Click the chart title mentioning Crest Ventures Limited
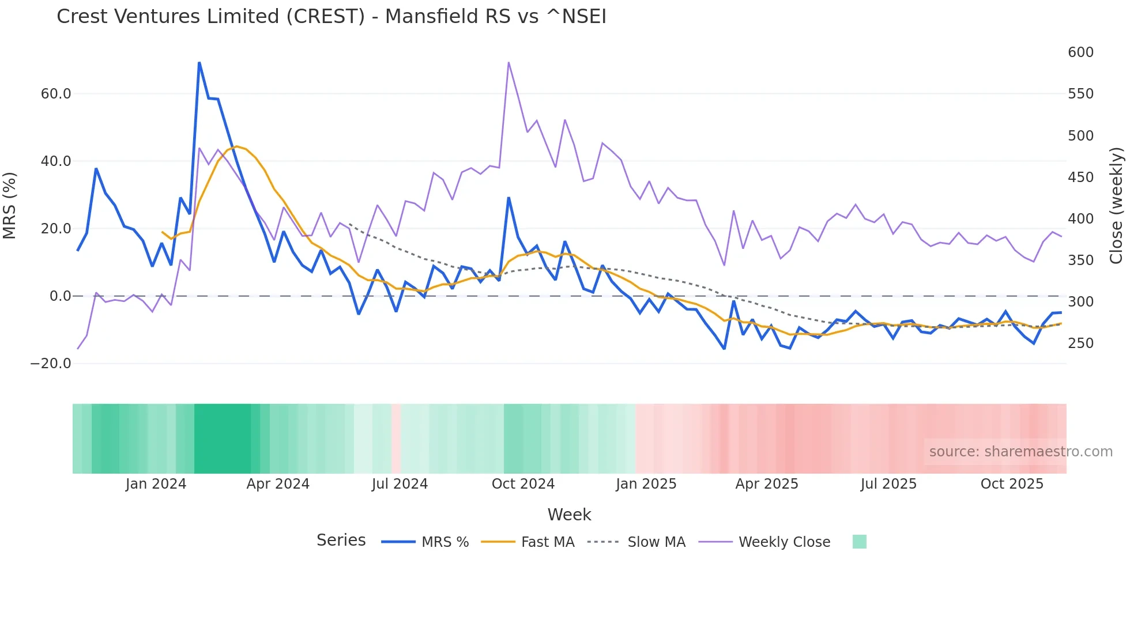pos(331,17)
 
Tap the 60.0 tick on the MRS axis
pos(56,94)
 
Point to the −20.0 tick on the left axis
pos(51,364)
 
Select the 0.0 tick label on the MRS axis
pos(60,296)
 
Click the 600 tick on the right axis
pos(1080,52)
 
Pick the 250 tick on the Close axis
pos(1080,343)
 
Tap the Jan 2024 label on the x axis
pos(156,484)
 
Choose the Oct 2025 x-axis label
pos(1012,484)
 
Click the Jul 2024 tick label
pos(400,484)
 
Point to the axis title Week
pos(569,515)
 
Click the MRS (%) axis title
pos(10,206)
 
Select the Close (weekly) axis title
pos(1117,206)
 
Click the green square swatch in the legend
pos(859,542)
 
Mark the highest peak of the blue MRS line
pos(199,62)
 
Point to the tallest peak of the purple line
pos(508,62)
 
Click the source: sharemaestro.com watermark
pos(1020,452)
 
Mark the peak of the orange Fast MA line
pos(236,146)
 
